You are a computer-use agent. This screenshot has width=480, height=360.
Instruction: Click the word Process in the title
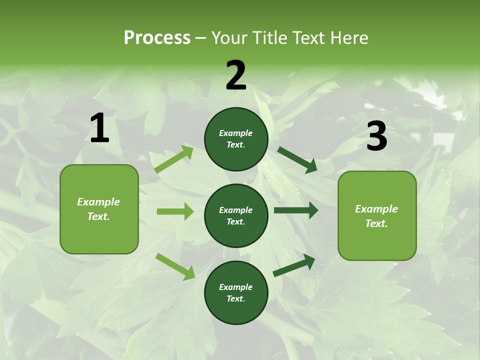tap(157, 37)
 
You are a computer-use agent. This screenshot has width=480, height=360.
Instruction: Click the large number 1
tap(99, 128)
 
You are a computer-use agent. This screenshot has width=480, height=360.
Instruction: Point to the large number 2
tap(236, 75)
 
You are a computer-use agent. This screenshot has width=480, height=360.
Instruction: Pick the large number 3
tap(376, 136)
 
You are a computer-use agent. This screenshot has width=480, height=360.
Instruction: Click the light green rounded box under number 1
tap(99, 209)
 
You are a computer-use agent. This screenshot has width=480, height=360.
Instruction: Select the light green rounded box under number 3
tap(377, 215)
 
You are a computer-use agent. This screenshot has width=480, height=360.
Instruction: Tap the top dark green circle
tap(236, 139)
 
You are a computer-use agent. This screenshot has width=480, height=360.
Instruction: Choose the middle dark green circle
tap(236, 215)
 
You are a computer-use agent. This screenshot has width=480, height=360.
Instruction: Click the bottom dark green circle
tap(236, 292)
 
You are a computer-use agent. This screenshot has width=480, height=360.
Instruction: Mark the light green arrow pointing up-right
tap(174, 159)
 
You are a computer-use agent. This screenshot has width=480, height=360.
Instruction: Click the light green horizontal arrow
tap(175, 211)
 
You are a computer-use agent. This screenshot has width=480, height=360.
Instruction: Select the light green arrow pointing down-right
tap(175, 266)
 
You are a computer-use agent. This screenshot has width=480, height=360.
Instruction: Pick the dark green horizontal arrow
tap(295, 210)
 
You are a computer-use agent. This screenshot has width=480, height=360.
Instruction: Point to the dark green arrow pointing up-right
tap(294, 265)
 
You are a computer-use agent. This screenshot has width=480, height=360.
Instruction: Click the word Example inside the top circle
tap(236, 133)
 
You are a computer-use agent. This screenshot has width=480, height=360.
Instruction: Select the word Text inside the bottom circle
tap(235, 298)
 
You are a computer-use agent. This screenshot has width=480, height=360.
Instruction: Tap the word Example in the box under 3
tap(376, 209)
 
